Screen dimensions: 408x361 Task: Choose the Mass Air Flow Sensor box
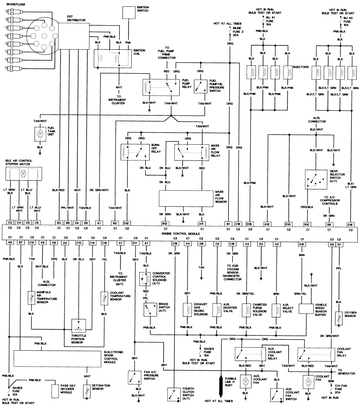[x=186, y=199]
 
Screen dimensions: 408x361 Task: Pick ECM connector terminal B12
[x=166, y=223]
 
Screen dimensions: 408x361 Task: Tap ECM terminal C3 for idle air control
[x=10, y=223]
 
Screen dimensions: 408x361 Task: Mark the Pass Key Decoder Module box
[x=55, y=390]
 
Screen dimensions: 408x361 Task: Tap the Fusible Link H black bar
[x=220, y=387]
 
